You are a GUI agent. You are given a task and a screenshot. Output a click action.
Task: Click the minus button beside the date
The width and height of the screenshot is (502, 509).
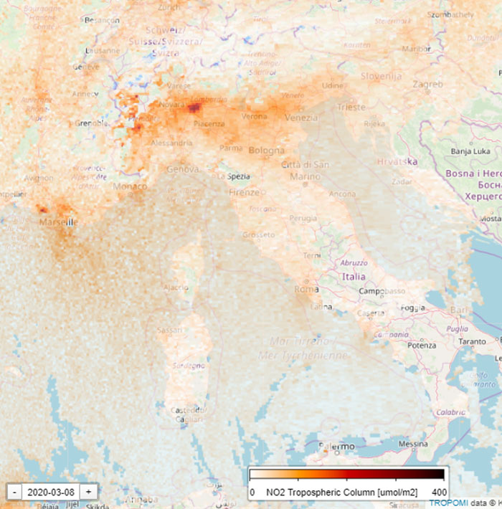pos(14,492)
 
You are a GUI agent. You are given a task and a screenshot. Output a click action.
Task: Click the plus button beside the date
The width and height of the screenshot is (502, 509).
pos(88,492)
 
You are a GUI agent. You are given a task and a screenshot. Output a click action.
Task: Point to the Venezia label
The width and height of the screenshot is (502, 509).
pos(301,117)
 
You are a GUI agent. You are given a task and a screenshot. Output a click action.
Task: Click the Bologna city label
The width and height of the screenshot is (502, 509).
pos(266,151)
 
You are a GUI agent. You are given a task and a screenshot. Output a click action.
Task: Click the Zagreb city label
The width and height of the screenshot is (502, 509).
pos(428,84)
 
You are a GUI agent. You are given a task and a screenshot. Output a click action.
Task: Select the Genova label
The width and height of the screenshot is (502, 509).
pos(182,169)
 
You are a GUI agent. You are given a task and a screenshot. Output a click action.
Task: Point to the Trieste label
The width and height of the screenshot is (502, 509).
pos(351,107)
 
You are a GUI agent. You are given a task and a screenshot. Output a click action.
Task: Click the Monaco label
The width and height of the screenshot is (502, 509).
pos(130,186)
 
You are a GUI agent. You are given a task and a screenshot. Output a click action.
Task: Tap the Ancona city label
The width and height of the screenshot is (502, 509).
pos(341,194)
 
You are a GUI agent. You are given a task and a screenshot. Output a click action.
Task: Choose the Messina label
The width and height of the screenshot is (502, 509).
pos(412,444)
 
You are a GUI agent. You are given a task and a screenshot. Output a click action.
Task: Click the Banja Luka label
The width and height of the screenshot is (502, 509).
pos(470,151)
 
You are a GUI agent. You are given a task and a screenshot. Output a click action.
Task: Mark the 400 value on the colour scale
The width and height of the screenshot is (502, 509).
pos(439,493)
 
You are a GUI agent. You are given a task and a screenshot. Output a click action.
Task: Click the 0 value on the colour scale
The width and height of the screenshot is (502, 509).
pos(252,493)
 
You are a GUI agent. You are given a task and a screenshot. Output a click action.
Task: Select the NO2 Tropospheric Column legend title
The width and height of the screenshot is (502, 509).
pos(341,493)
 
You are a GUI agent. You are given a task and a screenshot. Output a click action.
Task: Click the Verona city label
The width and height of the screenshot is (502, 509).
pos(255,116)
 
